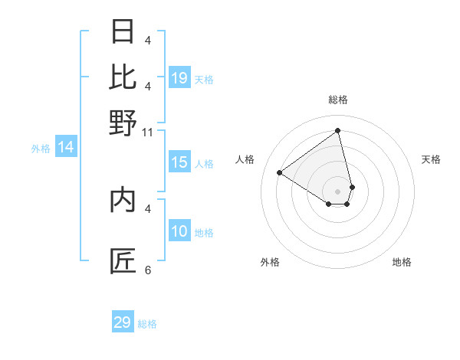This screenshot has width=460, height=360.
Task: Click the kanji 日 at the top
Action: point(123,32)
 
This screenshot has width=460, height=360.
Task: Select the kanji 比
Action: point(123,77)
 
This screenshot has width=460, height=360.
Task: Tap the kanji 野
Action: point(123,123)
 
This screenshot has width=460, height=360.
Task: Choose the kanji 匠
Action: point(123,261)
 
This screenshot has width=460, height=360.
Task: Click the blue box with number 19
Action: point(179,77)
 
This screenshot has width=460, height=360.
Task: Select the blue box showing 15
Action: point(179,162)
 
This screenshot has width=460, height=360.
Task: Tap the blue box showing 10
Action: point(179,231)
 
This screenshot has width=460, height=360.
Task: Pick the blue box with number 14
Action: point(66,147)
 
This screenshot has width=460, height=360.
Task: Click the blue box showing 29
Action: point(123,322)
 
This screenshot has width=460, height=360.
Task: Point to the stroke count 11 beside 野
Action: point(148,133)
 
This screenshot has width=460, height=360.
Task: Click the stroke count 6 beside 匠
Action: point(148,270)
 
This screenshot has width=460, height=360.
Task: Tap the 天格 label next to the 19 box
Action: point(204,79)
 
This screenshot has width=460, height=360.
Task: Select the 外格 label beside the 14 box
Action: point(40,149)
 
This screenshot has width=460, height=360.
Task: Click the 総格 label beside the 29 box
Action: point(147,324)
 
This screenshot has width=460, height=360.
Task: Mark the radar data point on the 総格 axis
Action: point(338,130)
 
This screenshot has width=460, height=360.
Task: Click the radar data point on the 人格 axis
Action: point(280,172)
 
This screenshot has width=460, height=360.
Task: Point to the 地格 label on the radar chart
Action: point(402,262)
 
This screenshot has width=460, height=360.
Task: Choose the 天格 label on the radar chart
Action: point(431,159)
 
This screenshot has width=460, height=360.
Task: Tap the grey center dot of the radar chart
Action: point(338,191)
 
